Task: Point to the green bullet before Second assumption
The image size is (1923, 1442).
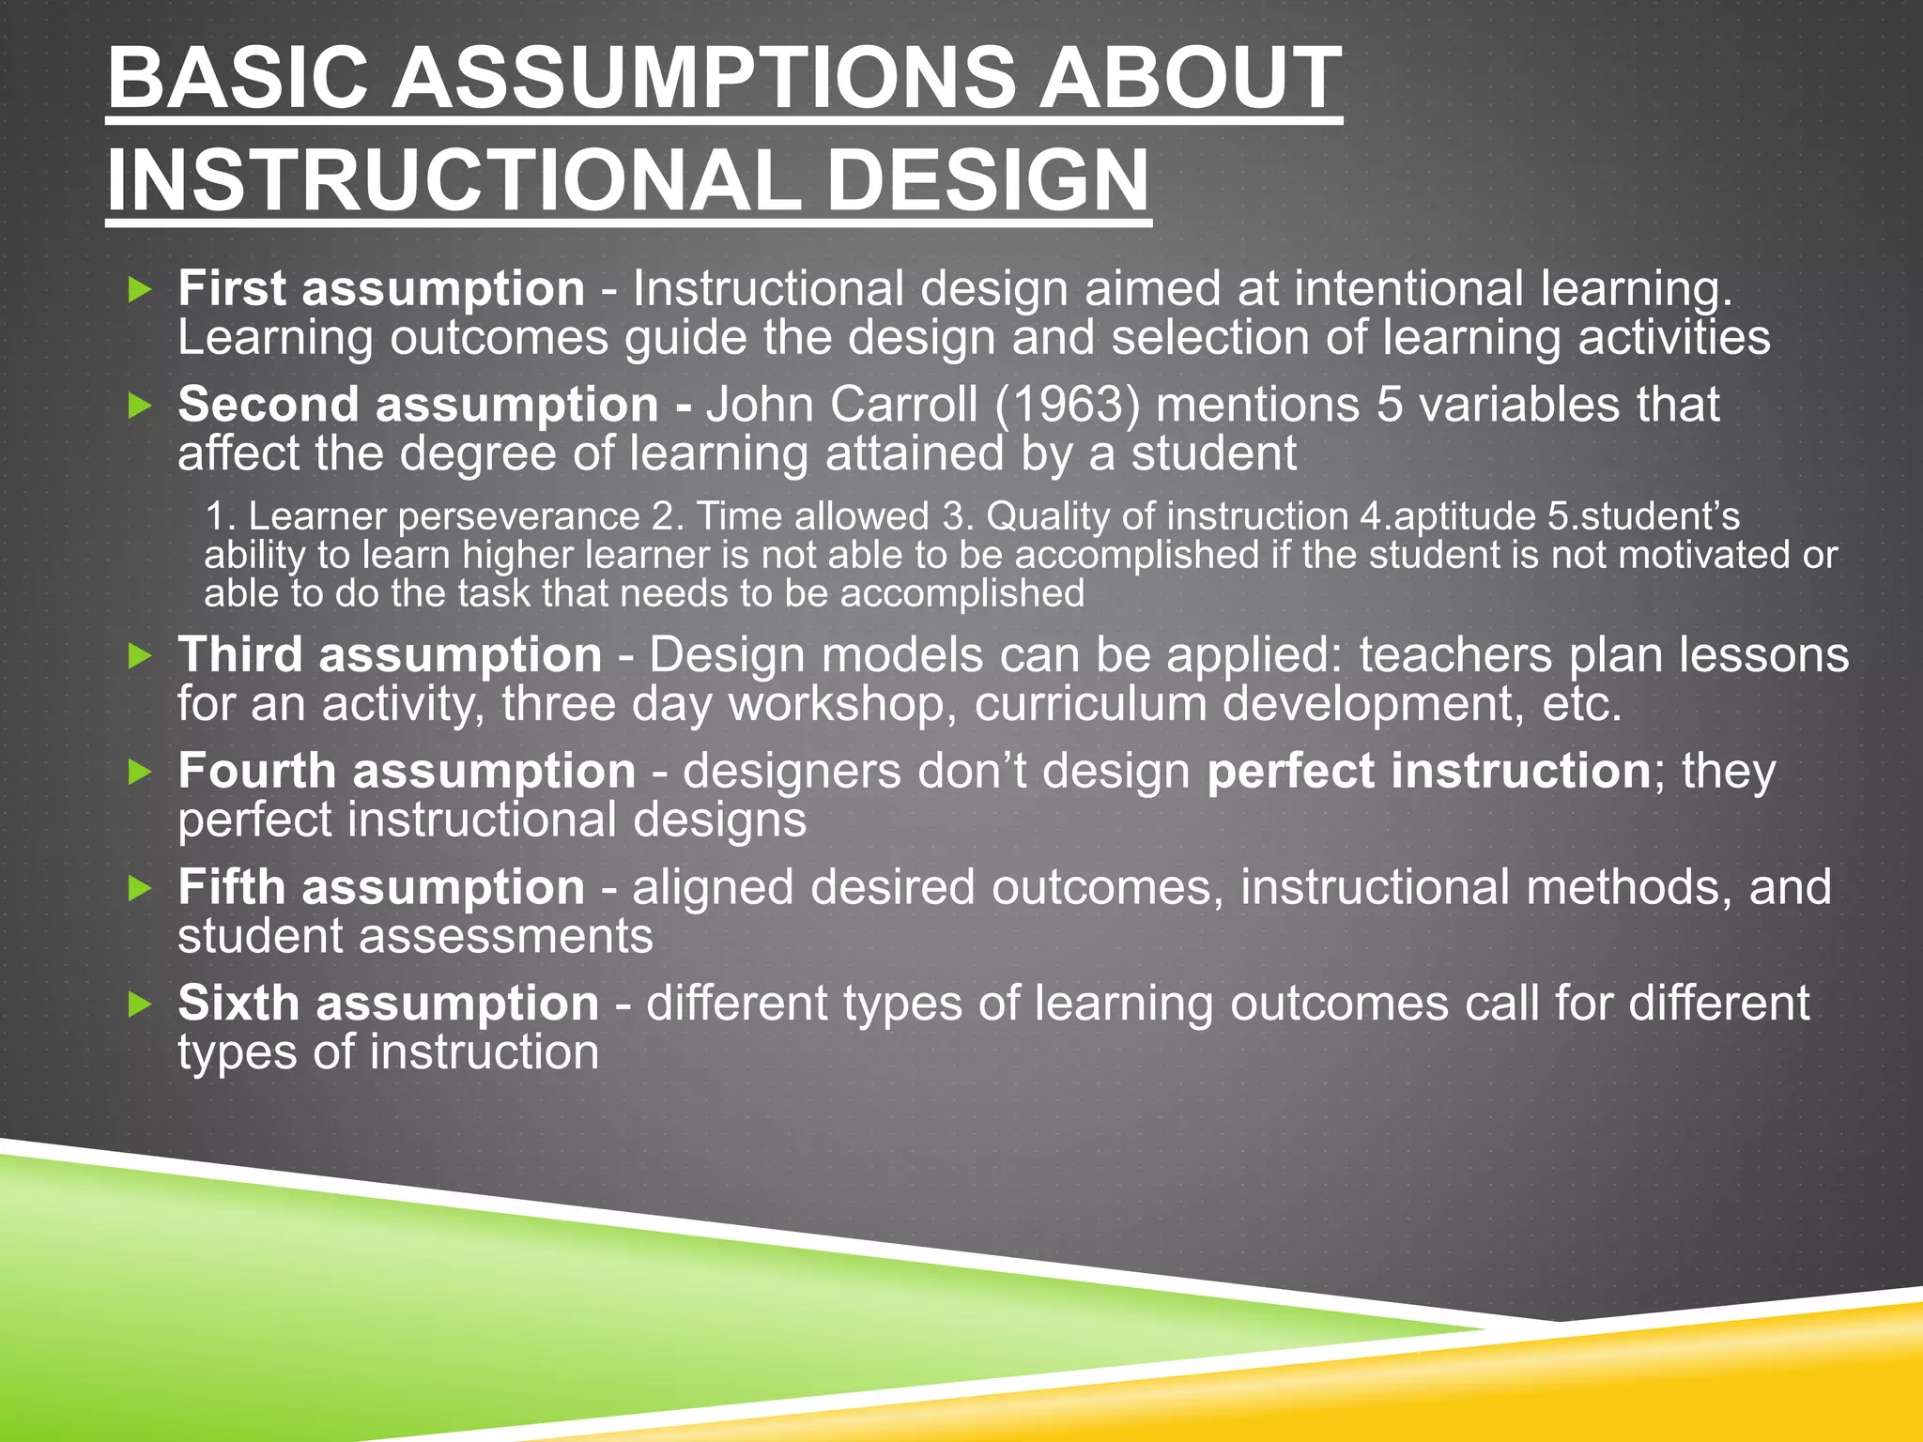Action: pyautogui.click(x=140, y=406)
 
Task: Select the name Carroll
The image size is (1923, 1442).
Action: pyautogui.click(x=903, y=405)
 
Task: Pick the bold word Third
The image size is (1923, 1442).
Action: pyautogui.click(x=240, y=654)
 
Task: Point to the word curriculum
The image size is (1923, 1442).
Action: pyautogui.click(x=1090, y=703)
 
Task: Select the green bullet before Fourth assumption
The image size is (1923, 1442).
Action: pyautogui.click(x=140, y=772)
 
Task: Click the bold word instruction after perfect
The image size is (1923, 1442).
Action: pyautogui.click(x=1520, y=771)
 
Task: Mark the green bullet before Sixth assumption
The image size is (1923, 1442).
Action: pyautogui.click(x=140, y=1005)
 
